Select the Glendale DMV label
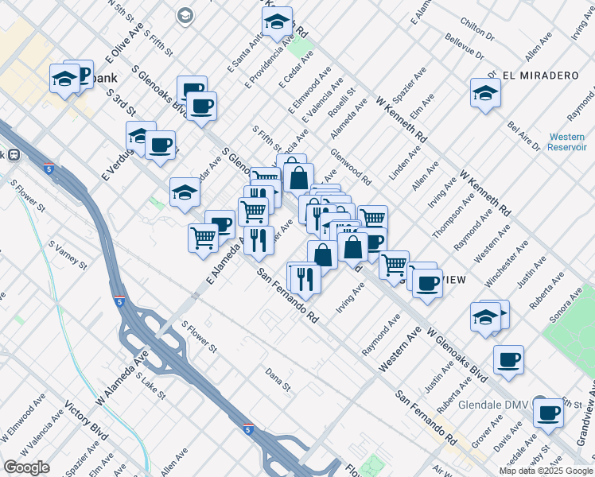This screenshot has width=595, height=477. coord(496,404)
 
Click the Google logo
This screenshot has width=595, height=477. coord(27,467)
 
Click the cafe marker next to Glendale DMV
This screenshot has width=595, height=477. coord(548,413)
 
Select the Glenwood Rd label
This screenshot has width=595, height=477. coord(350,167)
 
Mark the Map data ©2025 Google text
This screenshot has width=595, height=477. coord(545,471)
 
